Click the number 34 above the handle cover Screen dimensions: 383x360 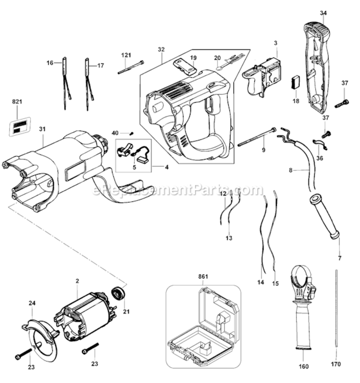(323, 13)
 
